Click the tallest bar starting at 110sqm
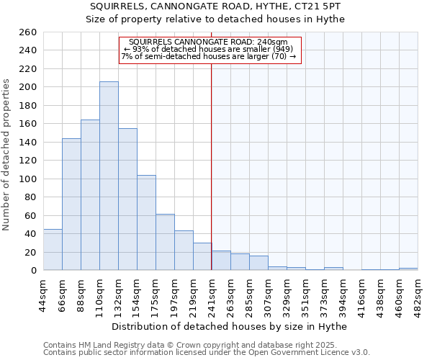(x=109, y=176)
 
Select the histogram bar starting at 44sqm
(x=53, y=250)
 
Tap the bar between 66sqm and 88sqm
(x=71, y=204)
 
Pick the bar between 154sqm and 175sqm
(x=146, y=222)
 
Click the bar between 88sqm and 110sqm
(x=90, y=195)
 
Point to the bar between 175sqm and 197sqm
(x=165, y=242)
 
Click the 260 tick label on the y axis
(x=29, y=32)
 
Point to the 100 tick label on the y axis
(x=29, y=179)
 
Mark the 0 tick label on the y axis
(x=34, y=270)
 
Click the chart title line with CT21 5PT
(x=215, y=6)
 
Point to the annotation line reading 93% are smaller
(x=209, y=49)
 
